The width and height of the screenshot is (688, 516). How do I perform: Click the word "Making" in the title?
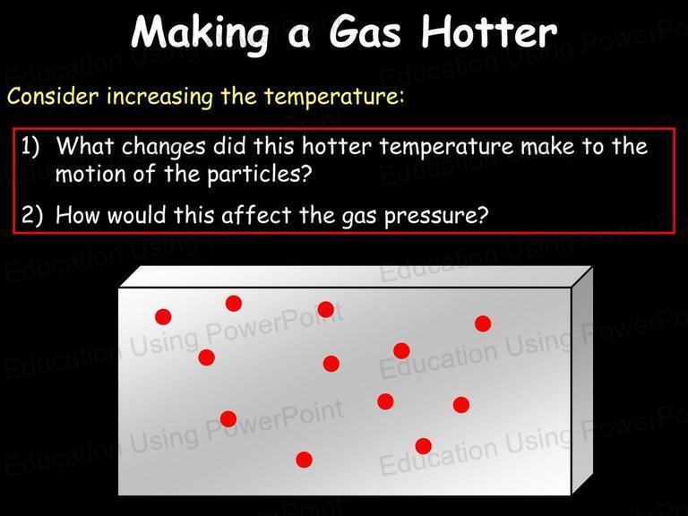click(x=200, y=34)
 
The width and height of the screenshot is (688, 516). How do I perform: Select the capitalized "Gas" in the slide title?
click(x=365, y=32)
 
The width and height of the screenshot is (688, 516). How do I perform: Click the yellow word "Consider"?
click(x=53, y=96)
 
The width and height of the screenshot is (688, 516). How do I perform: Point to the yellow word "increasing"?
click(x=159, y=97)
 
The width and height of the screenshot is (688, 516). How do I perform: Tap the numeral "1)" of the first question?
click(x=30, y=146)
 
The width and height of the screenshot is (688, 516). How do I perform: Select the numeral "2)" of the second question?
click(x=31, y=215)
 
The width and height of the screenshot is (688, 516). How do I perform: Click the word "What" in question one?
click(x=85, y=146)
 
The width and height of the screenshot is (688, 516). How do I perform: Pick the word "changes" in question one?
click(x=163, y=147)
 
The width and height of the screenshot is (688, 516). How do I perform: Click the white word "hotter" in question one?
click(x=337, y=146)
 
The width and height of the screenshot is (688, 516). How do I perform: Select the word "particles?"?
click(x=259, y=175)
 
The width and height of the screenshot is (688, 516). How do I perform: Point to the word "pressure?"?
click(x=436, y=216)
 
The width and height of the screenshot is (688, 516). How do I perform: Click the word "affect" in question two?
click(x=256, y=215)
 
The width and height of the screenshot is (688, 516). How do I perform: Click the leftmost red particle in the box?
click(x=163, y=317)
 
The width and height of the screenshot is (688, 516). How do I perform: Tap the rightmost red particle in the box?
click(x=483, y=323)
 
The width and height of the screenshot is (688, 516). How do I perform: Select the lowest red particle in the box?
click(x=304, y=460)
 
